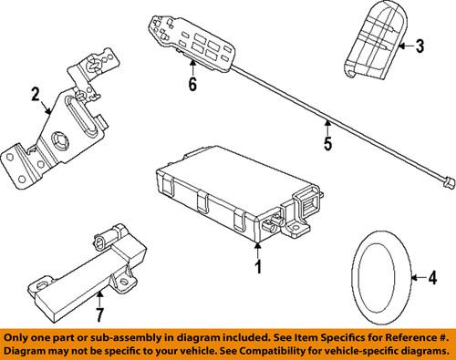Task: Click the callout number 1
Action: pos(258,267)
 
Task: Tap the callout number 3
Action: pos(420,46)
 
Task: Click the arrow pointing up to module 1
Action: pos(258,251)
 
